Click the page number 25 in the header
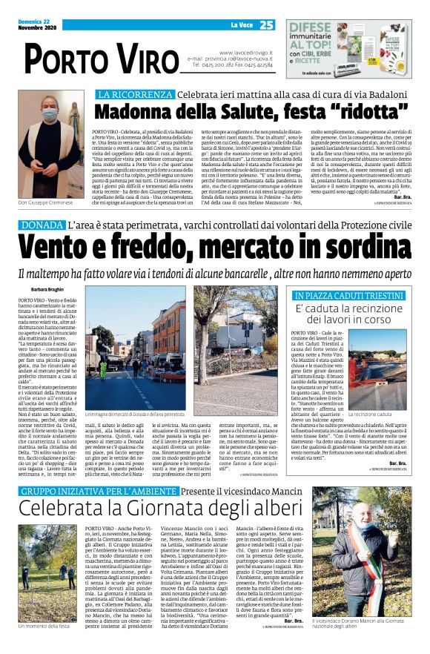[267, 24]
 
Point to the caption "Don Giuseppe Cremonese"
[45, 202]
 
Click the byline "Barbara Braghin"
[48, 290]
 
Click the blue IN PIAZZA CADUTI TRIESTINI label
[346, 295]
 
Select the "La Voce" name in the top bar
[241, 25]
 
